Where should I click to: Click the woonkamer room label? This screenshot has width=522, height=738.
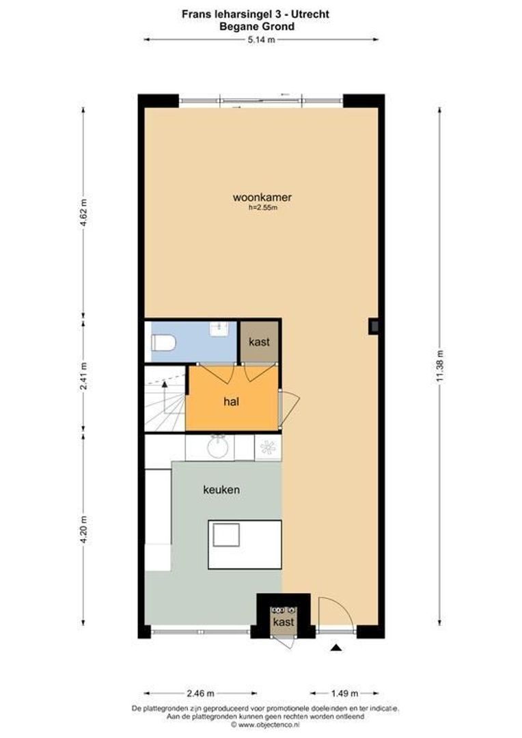258,198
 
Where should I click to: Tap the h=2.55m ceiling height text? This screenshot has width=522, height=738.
262,208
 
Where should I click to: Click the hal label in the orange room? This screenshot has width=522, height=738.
231,402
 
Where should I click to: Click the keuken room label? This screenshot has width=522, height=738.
221,489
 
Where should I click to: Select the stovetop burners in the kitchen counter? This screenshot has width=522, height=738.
267,447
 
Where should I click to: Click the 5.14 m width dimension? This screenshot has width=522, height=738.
261,40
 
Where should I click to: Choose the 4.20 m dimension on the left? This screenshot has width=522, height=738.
84,530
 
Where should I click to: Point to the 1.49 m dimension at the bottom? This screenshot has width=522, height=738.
335,693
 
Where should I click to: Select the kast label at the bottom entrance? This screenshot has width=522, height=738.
283,622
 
